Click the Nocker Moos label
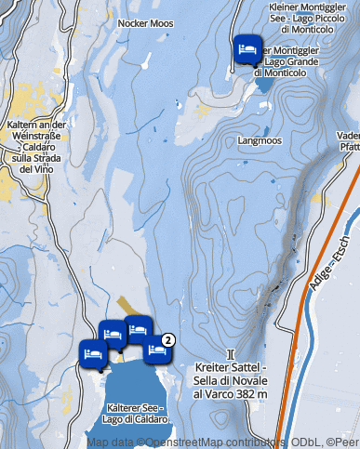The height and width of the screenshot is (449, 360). coord(146,22)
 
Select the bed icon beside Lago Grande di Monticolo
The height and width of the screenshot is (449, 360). coord(246,48)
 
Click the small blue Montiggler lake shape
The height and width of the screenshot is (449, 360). coord(264,84)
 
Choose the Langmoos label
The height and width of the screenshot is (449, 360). coord(260,141)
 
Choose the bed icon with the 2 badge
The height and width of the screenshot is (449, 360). coord(156,350)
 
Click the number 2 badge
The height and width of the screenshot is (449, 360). coord(168,338)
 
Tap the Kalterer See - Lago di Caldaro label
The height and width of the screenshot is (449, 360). coord(137,414)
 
